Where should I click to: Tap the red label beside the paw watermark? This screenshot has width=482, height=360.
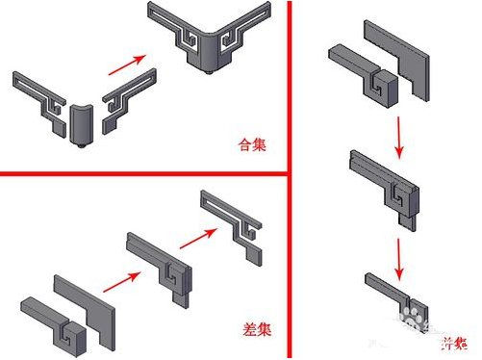pyautogui.click(x=453, y=343)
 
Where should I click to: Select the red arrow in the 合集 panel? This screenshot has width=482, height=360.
pyautogui.click(x=121, y=68)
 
